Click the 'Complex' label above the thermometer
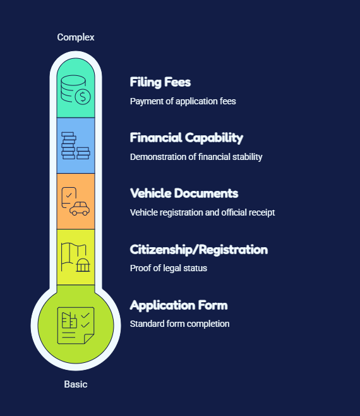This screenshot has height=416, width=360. (76, 37)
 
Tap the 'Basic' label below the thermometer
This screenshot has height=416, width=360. (76, 384)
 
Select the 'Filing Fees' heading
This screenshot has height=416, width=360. (160, 82)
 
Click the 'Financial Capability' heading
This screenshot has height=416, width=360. (186, 138)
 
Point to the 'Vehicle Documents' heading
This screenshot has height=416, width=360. (184, 193)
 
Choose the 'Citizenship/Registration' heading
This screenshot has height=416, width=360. (199, 250)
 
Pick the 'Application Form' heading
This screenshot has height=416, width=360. (179, 305)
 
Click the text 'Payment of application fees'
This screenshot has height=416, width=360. (183, 101)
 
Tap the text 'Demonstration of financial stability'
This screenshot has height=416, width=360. (196, 157)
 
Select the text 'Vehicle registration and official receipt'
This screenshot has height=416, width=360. (203, 212)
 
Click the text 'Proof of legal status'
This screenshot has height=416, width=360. (169, 268)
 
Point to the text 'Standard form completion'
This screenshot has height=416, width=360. (179, 324)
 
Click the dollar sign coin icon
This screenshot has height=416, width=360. (83, 97)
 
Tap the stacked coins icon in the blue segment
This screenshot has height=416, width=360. (76, 145)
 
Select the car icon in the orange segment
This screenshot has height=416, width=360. (80, 209)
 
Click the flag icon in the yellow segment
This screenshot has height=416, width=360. (69, 257)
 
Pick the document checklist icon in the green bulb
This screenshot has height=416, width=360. (76, 326)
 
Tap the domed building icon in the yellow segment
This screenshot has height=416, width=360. (83, 265)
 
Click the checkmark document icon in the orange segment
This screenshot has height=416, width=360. (69, 197)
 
